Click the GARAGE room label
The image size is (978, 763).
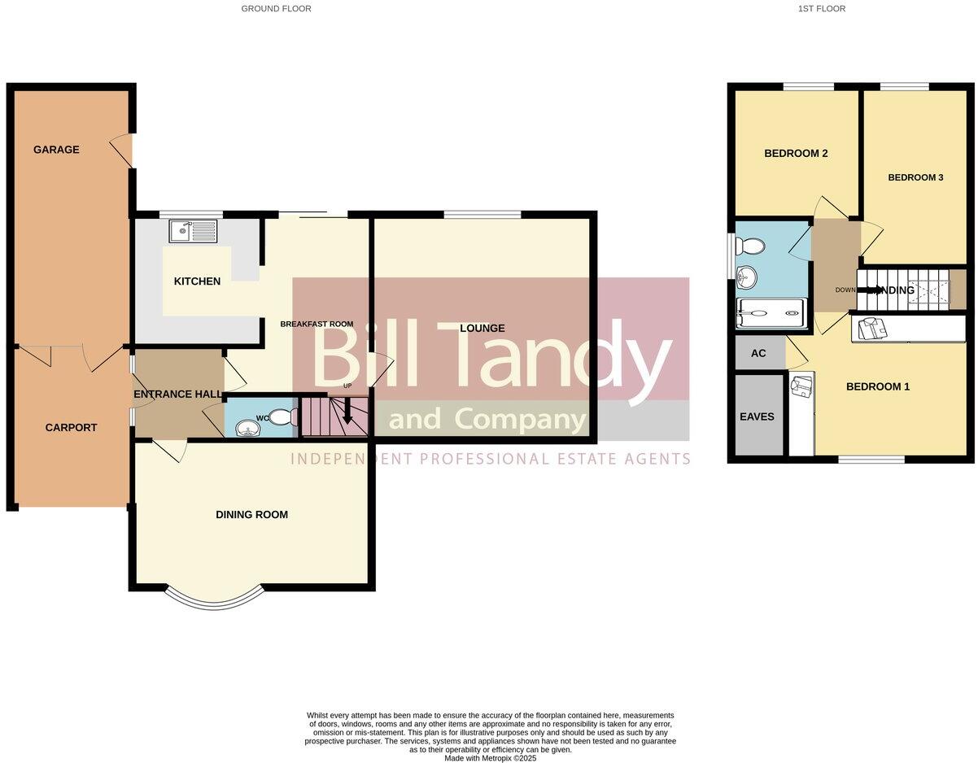[x=56, y=150]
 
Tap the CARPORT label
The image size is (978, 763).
[x=71, y=428]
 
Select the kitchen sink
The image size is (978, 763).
[x=194, y=232]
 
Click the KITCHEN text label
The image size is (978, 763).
[x=197, y=281]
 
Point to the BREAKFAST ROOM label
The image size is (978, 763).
[x=317, y=324]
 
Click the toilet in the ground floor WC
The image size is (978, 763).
[x=282, y=418]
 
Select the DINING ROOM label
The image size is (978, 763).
[x=251, y=515]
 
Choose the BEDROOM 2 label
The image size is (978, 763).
[x=796, y=153]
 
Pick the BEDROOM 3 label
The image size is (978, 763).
[x=915, y=177]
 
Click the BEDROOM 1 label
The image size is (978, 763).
[x=878, y=387]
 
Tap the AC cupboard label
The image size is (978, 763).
[x=758, y=354]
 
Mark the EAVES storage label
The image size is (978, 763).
[x=757, y=416]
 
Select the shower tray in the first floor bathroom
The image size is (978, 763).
[x=771, y=315]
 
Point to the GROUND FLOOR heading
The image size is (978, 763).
[x=276, y=9]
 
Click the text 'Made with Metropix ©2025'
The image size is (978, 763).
[x=490, y=758]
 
